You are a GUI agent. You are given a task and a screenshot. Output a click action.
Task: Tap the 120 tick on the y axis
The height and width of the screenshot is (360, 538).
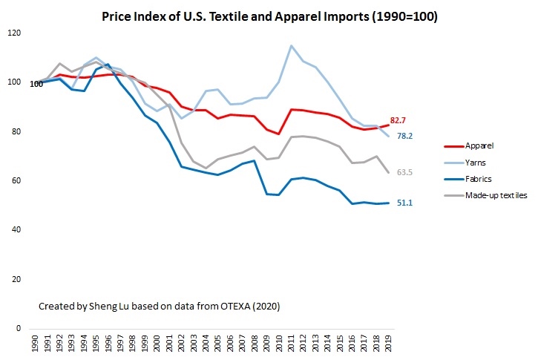tap(14, 33)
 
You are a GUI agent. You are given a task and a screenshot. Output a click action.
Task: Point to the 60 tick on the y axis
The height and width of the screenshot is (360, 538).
tap(16, 181)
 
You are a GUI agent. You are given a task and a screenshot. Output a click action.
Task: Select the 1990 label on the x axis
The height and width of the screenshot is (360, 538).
tap(36, 344)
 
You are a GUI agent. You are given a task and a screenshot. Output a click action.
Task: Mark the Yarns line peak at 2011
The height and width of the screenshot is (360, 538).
tap(291, 46)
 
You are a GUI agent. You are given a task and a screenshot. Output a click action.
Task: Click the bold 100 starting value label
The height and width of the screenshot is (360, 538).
tap(36, 84)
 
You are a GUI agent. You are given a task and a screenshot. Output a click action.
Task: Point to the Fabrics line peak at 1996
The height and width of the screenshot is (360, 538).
tap(108, 65)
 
